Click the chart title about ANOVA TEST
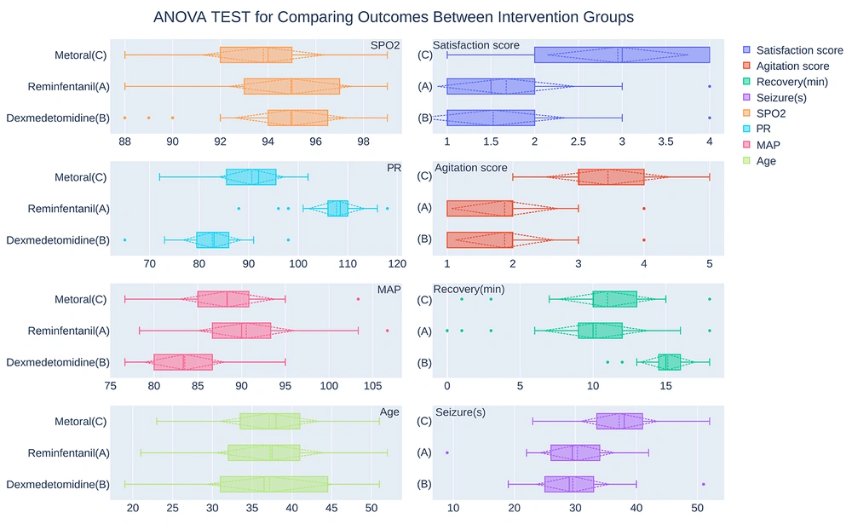tap(394, 17)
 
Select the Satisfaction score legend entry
tap(792, 51)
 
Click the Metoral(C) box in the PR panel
tap(250, 177)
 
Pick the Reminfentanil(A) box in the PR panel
tap(337, 208)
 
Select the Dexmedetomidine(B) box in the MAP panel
tap(183, 361)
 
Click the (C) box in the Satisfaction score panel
tap(622, 55)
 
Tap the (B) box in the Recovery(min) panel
tap(670, 362)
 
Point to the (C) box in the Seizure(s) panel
tap(619, 421)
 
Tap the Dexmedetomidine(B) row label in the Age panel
tap(58, 484)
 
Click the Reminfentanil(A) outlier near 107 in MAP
tap(387, 331)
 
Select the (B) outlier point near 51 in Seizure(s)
tap(703, 484)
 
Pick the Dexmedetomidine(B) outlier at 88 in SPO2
tap(125, 117)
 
